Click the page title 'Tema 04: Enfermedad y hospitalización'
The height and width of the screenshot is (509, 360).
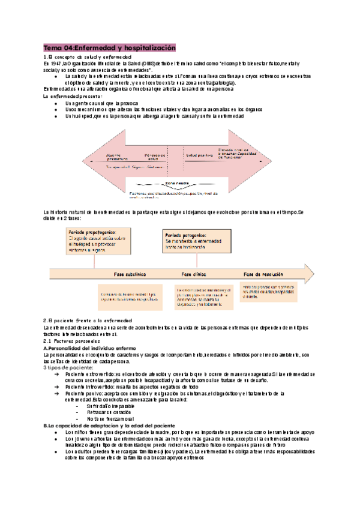click(x=109, y=47)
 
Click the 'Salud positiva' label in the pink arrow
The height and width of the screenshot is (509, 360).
click(x=184, y=155)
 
